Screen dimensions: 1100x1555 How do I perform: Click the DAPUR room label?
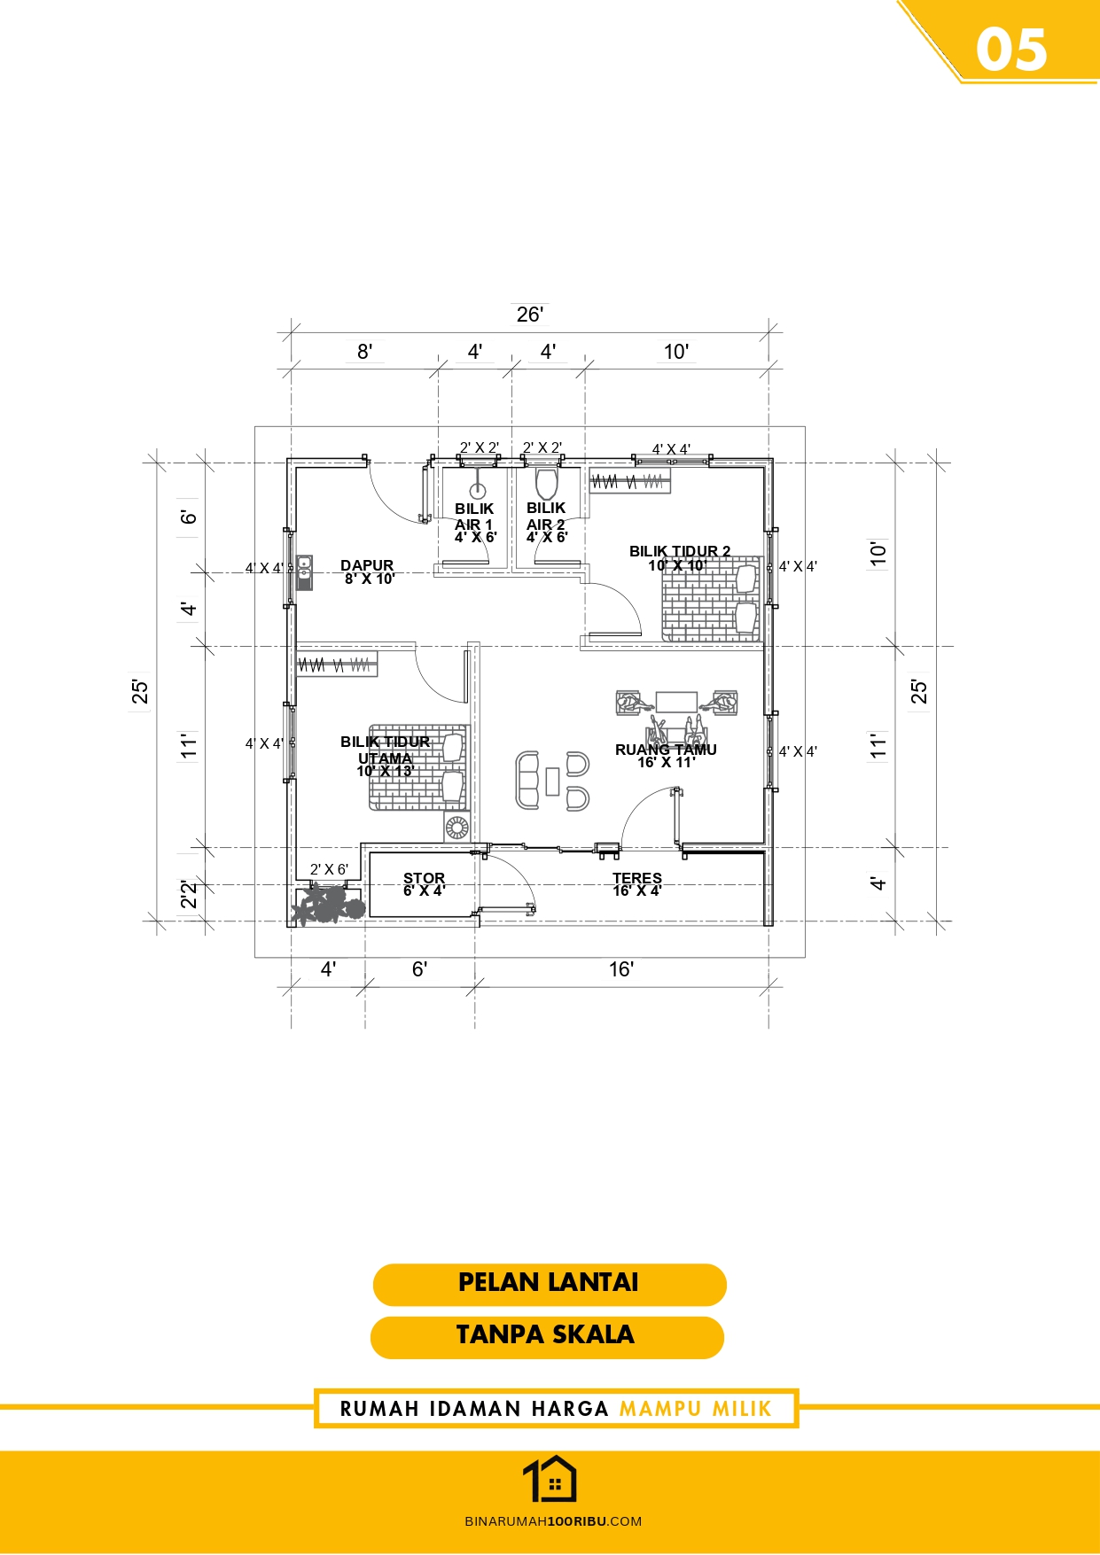367,565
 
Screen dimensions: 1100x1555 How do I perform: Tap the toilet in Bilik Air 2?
546,484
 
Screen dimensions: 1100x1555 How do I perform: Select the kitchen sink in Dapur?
304,572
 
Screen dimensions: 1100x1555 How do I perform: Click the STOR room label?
425,878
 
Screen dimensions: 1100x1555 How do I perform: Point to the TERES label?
637,878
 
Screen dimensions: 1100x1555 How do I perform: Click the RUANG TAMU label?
666,750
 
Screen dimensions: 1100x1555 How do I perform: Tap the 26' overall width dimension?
530,315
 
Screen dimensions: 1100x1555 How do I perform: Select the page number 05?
1012,50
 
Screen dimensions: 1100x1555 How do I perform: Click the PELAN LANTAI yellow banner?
550,1284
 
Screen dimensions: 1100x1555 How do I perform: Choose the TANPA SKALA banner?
547,1337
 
